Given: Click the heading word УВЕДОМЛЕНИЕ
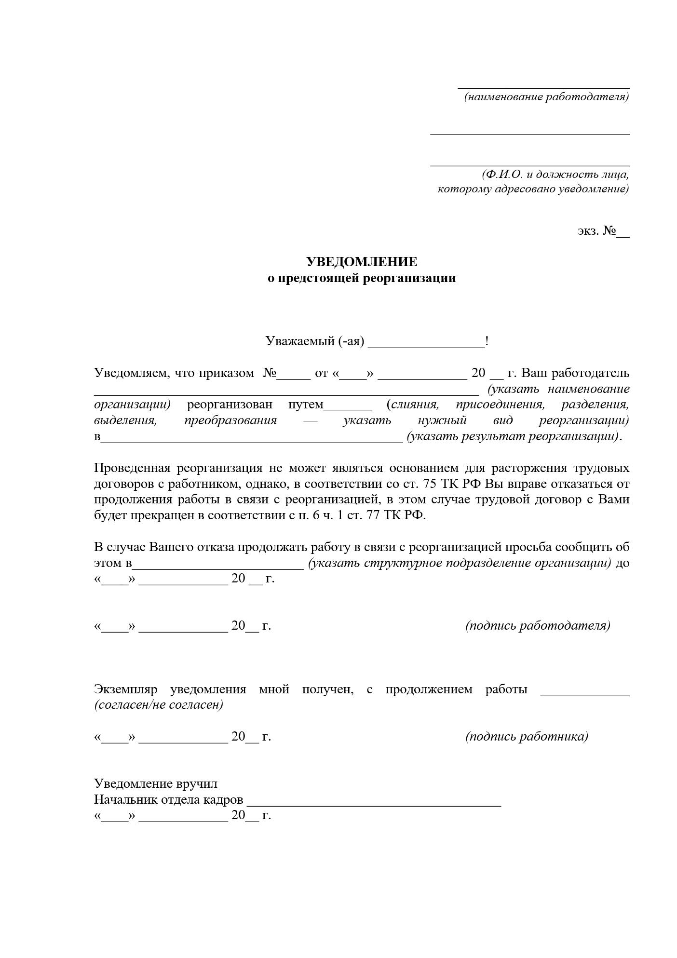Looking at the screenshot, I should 362,262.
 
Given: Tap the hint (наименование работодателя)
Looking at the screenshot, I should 546,97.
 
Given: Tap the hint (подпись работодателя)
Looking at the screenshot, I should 538,626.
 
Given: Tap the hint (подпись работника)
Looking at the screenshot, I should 527,737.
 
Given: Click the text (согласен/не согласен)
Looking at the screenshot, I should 159,705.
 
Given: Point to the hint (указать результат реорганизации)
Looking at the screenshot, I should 513,437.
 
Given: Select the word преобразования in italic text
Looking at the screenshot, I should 230,420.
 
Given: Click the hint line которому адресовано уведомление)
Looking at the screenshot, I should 533,189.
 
